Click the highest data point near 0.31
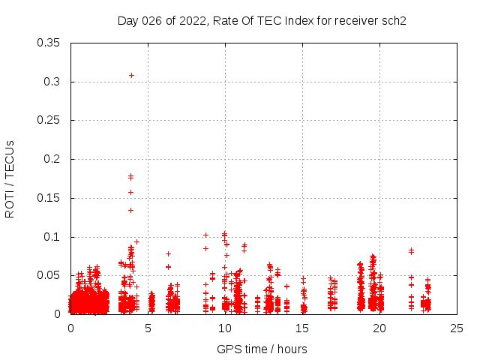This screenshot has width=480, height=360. tap(131, 75)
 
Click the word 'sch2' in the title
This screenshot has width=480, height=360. tap(393, 20)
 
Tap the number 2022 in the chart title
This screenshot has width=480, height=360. tap(193, 20)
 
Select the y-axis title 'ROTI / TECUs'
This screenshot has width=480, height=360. tap(10, 178)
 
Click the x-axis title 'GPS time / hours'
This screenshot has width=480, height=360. tap(262, 349)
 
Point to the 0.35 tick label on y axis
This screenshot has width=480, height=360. tap(51, 43)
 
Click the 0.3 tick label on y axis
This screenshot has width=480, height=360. tap(54, 82)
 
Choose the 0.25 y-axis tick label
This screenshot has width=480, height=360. tap(51, 120)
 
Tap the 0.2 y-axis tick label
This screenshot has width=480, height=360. tap(54, 159)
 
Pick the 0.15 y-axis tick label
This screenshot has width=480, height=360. tap(51, 198)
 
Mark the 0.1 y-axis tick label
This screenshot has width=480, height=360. tap(54, 237)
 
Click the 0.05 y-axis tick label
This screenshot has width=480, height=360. tap(51, 275)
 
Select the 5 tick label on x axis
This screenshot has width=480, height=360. tap(148, 328)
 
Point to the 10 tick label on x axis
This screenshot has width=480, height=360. tap(225, 328)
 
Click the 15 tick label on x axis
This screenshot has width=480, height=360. tap(302, 328)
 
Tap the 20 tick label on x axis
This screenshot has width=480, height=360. tap(379, 328)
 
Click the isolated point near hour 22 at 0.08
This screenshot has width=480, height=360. tap(411, 250)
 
